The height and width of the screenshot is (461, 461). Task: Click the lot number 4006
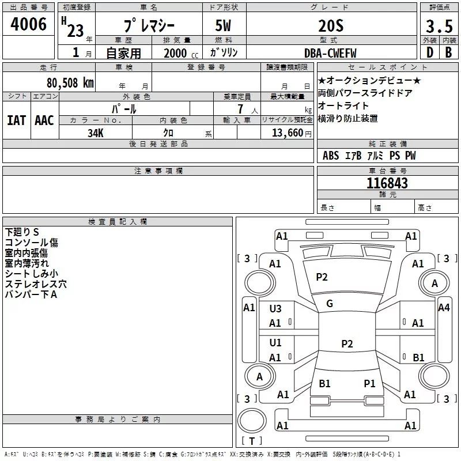click(x=29, y=25)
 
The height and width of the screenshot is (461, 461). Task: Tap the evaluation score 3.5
click(x=439, y=27)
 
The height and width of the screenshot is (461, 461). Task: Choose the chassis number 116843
click(x=387, y=183)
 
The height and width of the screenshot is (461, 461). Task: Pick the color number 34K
click(x=96, y=133)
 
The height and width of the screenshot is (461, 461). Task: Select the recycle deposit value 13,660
click(x=287, y=133)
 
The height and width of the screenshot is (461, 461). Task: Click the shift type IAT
click(x=16, y=120)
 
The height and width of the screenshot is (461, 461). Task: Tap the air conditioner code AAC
click(x=44, y=120)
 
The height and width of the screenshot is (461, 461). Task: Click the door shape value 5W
click(x=224, y=27)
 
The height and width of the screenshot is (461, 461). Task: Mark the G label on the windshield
click(x=330, y=304)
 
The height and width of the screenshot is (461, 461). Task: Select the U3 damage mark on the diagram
click(x=275, y=309)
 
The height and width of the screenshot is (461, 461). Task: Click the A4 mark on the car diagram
click(x=444, y=308)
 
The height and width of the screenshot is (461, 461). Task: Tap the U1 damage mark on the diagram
click(x=275, y=343)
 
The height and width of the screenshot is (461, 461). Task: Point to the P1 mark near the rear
click(x=369, y=383)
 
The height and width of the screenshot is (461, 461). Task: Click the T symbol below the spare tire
click(x=252, y=441)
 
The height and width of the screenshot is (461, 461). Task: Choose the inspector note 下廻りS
click(x=22, y=232)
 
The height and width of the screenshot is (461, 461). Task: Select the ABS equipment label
click(x=331, y=156)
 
